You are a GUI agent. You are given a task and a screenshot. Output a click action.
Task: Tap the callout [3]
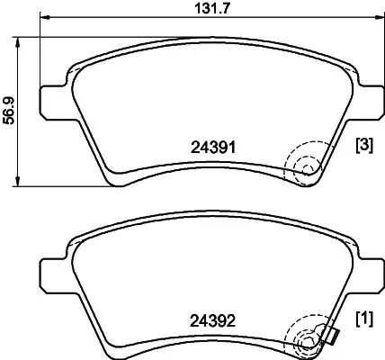click(364, 145)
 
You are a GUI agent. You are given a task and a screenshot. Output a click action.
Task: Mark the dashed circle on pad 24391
click(303, 166)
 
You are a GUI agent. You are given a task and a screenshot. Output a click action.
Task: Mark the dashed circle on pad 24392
click(303, 340)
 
